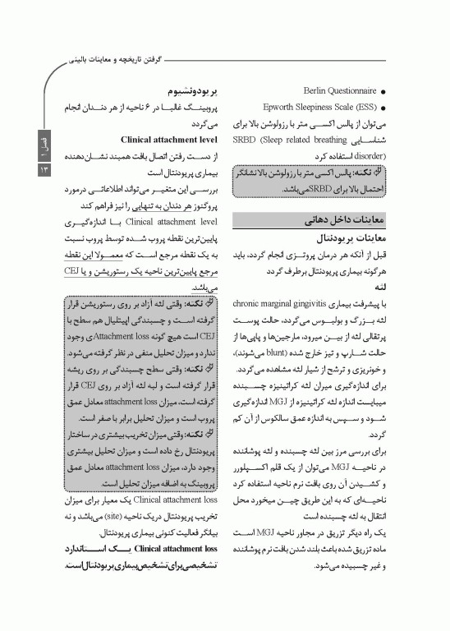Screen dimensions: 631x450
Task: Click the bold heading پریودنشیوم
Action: (188, 91)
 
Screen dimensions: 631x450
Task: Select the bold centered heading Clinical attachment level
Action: (168, 140)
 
